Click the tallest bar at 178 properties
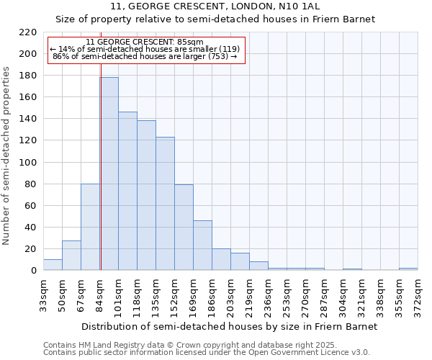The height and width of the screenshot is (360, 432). pos(109,174)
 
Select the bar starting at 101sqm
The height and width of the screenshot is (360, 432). pos(127,191)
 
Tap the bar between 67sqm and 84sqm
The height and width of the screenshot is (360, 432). pos(90,227)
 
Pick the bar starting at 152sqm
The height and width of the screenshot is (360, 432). pos(184,228)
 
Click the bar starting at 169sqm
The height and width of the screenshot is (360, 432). pos(202,246)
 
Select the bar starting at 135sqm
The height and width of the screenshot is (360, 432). pos(165,204)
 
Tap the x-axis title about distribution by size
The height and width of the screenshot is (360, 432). pos(230,326)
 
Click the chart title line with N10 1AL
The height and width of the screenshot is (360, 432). pos(230,6)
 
